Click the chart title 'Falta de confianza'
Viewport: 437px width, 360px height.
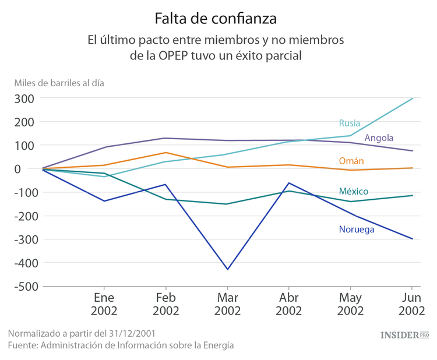pos(216,19)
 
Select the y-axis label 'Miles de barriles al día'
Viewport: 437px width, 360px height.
pos(59,83)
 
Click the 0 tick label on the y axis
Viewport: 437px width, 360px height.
pos(33,169)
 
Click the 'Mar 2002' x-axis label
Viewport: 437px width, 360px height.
pos(227,304)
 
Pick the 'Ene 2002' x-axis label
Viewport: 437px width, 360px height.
pos(104,304)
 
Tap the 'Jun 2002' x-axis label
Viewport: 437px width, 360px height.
pos(412,304)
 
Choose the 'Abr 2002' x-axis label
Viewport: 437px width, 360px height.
pos(288,304)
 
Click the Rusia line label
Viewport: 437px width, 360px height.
pos(350,123)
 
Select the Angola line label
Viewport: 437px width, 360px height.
pos(379,138)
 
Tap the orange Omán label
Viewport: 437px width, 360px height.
pos(351,161)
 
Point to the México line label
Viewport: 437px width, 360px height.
pos(354,192)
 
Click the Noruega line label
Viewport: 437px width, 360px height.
pos(357,230)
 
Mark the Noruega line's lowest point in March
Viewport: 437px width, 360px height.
pos(227,269)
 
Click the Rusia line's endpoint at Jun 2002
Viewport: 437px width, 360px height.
pos(413,98)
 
